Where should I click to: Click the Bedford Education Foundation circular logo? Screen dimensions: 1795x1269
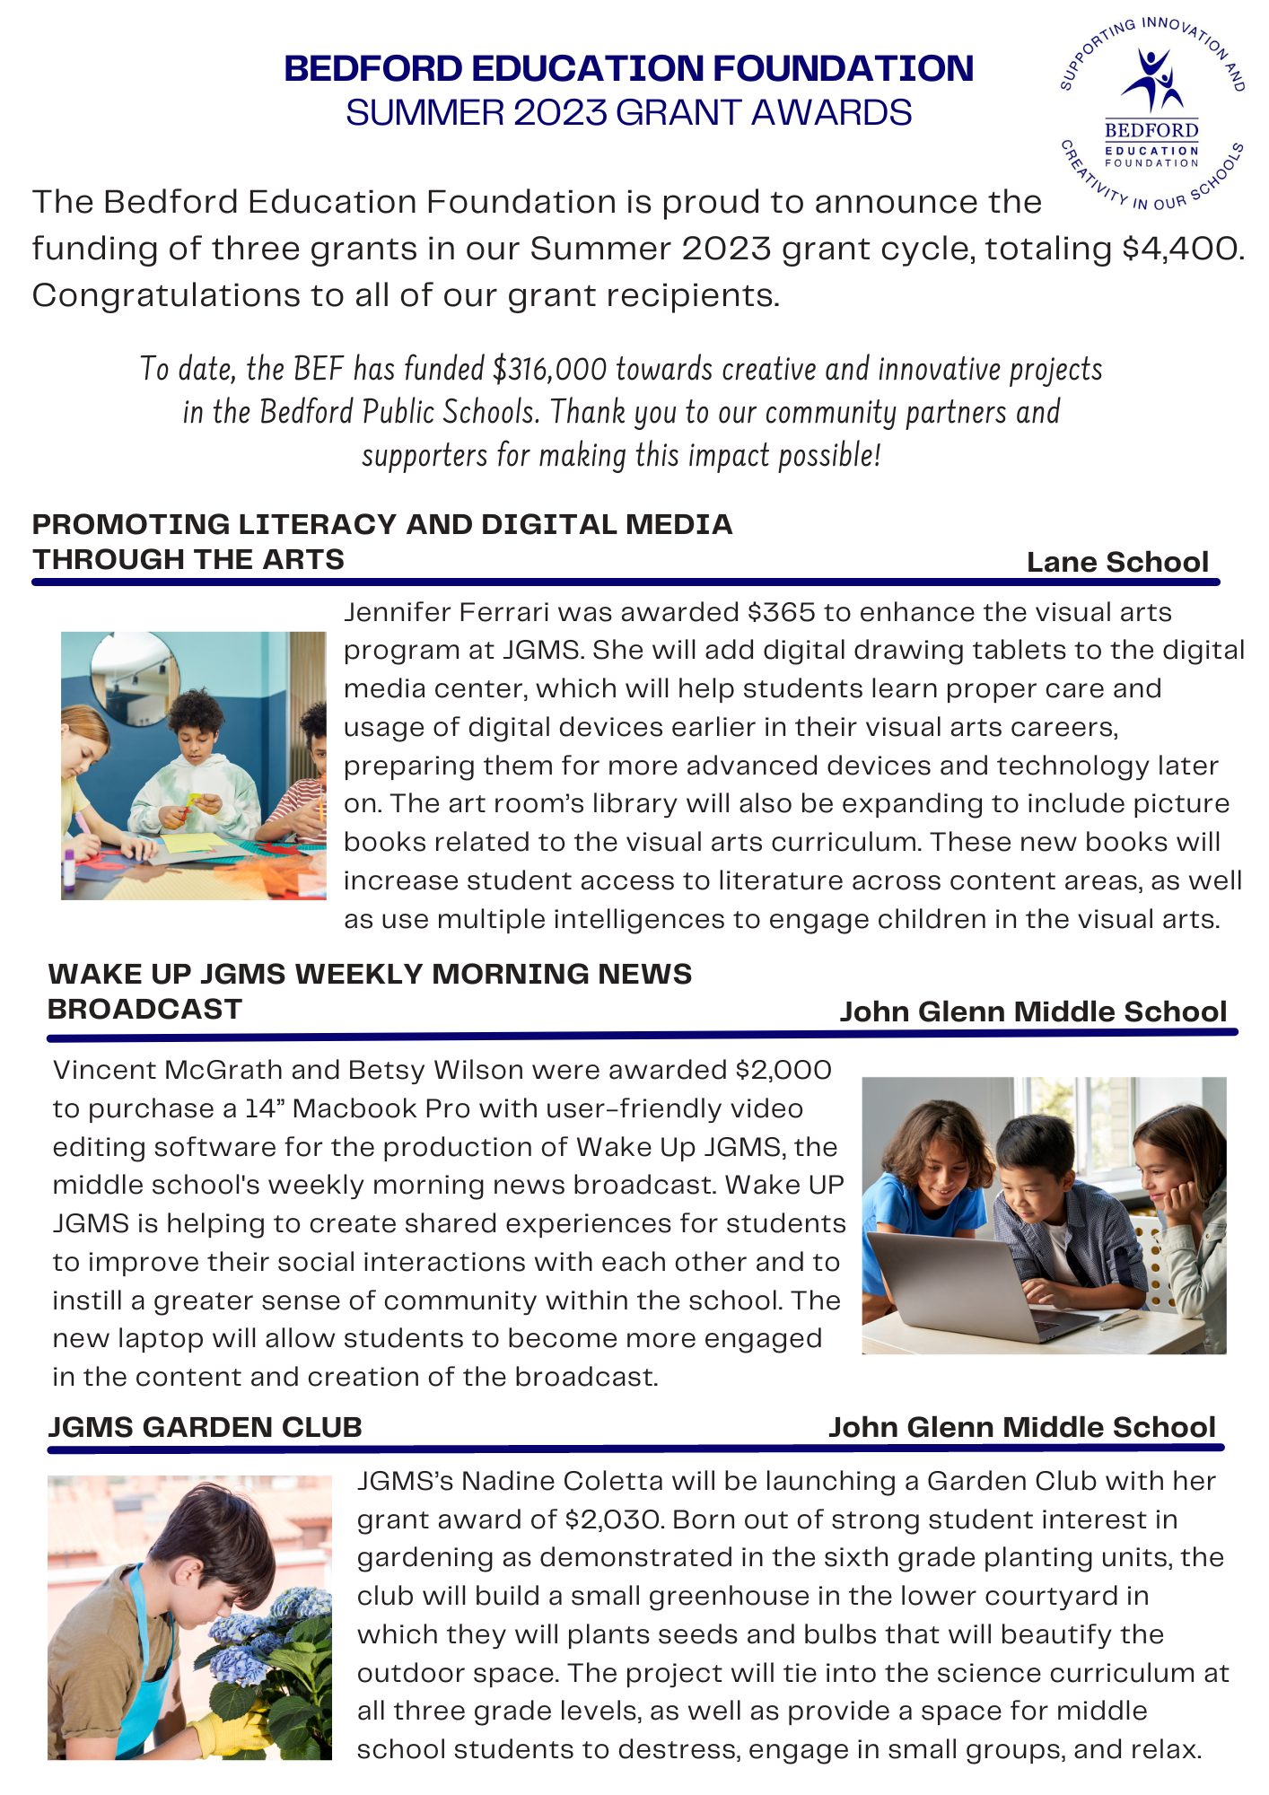click(x=1151, y=113)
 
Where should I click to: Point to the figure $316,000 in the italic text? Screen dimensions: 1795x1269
click(x=548, y=369)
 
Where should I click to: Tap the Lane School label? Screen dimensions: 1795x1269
click(x=1117, y=562)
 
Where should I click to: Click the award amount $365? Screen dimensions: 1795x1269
click(x=782, y=612)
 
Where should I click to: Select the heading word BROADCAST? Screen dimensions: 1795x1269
click(x=144, y=1009)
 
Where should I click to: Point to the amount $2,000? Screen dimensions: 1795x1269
click(x=783, y=1070)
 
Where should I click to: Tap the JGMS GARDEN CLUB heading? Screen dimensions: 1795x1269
click(x=205, y=1427)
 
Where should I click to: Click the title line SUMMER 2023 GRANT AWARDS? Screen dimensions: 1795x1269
click(x=628, y=113)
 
